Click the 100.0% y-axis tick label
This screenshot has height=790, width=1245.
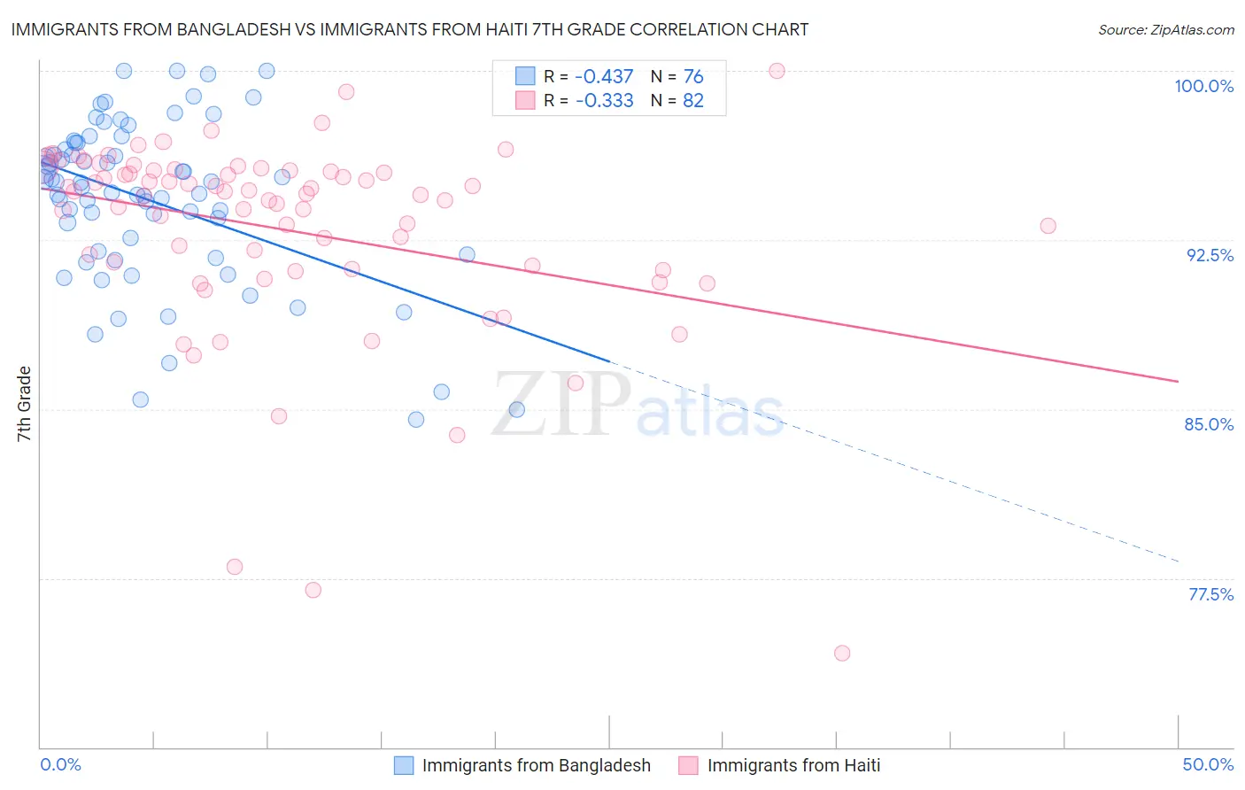(x=1203, y=86)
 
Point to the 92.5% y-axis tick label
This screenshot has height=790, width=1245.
(x=1210, y=255)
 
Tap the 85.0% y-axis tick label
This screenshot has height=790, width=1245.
(x=1209, y=424)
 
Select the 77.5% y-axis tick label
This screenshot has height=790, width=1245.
(x=1210, y=594)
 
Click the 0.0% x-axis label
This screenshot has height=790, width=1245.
(x=60, y=764)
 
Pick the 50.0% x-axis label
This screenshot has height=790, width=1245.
(x=1208, y=764)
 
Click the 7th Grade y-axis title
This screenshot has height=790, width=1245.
(x=24, y=404)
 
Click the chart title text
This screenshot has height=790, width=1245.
(x=409, y=29)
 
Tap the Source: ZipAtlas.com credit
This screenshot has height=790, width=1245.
(x=1165, y=30)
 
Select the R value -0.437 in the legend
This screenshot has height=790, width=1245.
(x=604, y=77)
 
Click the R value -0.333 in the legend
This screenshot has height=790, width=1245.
(x=604, y=101)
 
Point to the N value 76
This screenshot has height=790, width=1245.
(x=693, y=77)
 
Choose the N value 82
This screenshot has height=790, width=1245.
(x=693, y=101)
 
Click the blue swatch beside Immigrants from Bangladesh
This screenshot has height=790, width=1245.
(x=404, y=765)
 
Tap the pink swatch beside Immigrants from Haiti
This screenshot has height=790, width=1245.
(x=688, y=765)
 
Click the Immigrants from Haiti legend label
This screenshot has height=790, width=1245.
(x=793, y=765)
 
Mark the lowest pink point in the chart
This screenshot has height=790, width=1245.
(x=842, y=653)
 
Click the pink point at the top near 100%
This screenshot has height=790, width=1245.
(x=777, y=71)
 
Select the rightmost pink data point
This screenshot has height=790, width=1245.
(x=1048, y=226)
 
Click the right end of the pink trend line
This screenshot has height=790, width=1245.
(x=1178, y=381)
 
